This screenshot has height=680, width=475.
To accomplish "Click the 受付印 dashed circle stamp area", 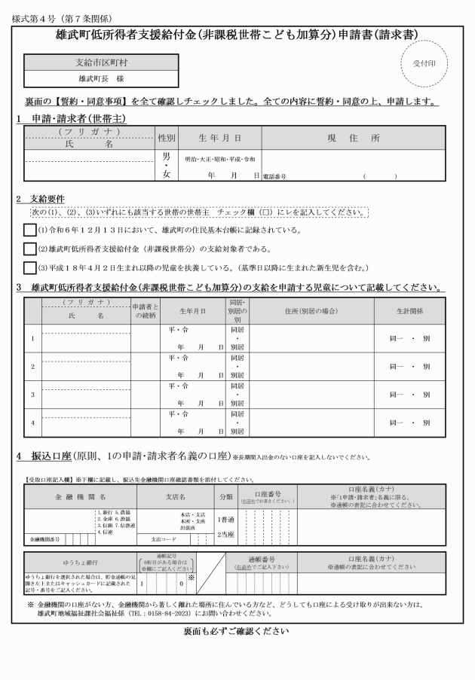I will tap(423, 63).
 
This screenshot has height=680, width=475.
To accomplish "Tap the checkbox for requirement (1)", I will tap(29, 230).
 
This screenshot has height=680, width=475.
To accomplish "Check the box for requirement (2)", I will tap(29, 249).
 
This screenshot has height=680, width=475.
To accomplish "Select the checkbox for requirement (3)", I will tap(29, 267).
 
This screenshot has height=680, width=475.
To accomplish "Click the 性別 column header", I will tap(167, 139).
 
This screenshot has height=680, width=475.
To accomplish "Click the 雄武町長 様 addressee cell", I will tap(101, 78).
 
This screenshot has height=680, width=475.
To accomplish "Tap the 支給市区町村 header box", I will tap(101, 62).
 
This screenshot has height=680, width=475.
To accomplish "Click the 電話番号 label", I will tap(275, 176).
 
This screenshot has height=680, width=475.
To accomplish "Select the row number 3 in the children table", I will tap(32, 394).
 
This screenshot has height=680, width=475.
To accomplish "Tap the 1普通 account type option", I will tap(225, 520).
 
